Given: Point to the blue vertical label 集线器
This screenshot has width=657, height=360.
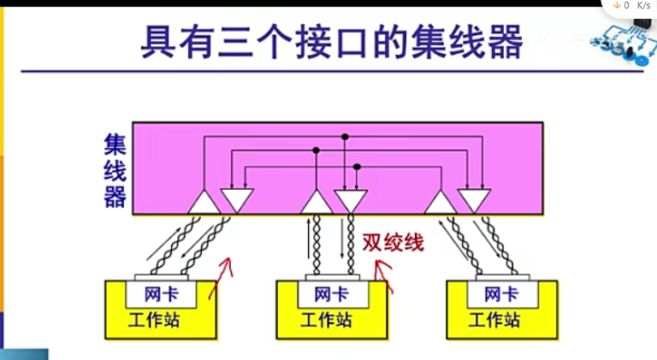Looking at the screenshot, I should pyautogui.click(x=115, y=171).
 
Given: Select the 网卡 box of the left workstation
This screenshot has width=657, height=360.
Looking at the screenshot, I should pyautogui.click(x=162, y=295).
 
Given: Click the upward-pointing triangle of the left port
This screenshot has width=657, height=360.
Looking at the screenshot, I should pyautogui.click(x=204, y=204).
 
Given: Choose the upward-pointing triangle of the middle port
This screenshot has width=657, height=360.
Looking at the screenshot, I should pyautogui.click(x=317, y=204).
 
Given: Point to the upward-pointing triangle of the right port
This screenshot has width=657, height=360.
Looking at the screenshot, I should pyautogui.click(x=440, y=204).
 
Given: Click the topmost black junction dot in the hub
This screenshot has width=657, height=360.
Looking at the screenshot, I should pyautogui.click(x=345, y=136).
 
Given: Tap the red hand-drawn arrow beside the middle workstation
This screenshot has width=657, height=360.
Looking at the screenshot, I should pyautogui.click(x=386, y=278).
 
